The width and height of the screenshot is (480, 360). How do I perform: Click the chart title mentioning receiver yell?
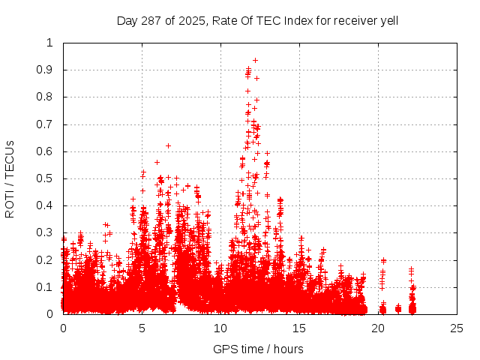coord(257,20)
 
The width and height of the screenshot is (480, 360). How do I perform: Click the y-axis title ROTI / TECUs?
coord(10,178)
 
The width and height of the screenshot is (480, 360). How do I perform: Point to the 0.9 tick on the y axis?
coord(49,70)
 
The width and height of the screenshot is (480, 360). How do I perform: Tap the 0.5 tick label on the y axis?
coord(49,178)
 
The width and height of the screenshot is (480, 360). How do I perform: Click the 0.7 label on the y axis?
coord(49,124)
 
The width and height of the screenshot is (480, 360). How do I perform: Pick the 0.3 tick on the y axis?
coord(49,232)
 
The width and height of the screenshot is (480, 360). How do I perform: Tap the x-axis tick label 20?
coord(379,328)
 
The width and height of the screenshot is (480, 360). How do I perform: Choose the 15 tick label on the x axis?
coord(299,328)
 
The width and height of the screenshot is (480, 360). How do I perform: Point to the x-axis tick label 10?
coord(220,328)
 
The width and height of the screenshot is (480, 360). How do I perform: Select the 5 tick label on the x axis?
coord(142,328)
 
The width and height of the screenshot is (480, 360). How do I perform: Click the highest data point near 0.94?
coord(255,60)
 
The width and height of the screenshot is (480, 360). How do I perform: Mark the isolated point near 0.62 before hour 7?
coord(168,145)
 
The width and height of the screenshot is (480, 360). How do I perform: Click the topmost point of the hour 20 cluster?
coord(383,260)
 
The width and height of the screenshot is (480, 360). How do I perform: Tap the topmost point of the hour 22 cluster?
coord(411,268)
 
